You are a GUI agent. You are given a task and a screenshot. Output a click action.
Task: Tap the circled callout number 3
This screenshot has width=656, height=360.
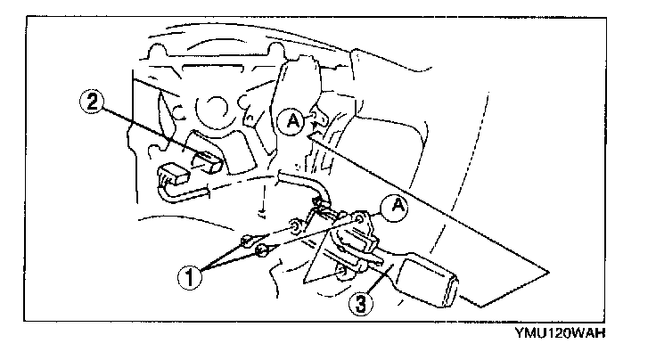(x=359, y=303)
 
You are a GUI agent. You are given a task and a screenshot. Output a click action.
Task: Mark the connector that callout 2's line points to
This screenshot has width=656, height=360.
(x=208, y=161)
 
